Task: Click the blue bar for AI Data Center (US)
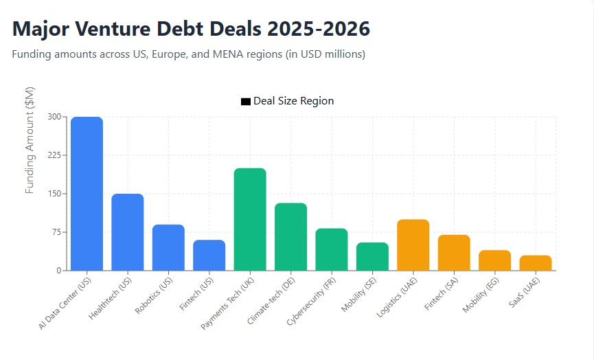pos(87,194)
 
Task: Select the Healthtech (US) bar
pos(128,232)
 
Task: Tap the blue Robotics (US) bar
pos(168,247)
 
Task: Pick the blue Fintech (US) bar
pos(209,255)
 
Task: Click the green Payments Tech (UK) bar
pos(250,219)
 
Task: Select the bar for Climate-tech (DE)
pos(290,237)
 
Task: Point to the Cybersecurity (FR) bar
pos(332,249)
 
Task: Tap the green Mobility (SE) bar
pos(372,256)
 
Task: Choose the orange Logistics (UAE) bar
pos(413,245)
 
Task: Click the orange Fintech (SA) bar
pos(454,253)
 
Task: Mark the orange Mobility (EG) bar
pos(494,260)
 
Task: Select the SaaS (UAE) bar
pos(536,263)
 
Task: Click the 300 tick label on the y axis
pos(54,117)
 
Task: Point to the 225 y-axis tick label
pos(54,155)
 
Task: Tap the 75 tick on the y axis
pos(56,232)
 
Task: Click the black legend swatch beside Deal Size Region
pos(246,102)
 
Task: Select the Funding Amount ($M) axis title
pos(30,140)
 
